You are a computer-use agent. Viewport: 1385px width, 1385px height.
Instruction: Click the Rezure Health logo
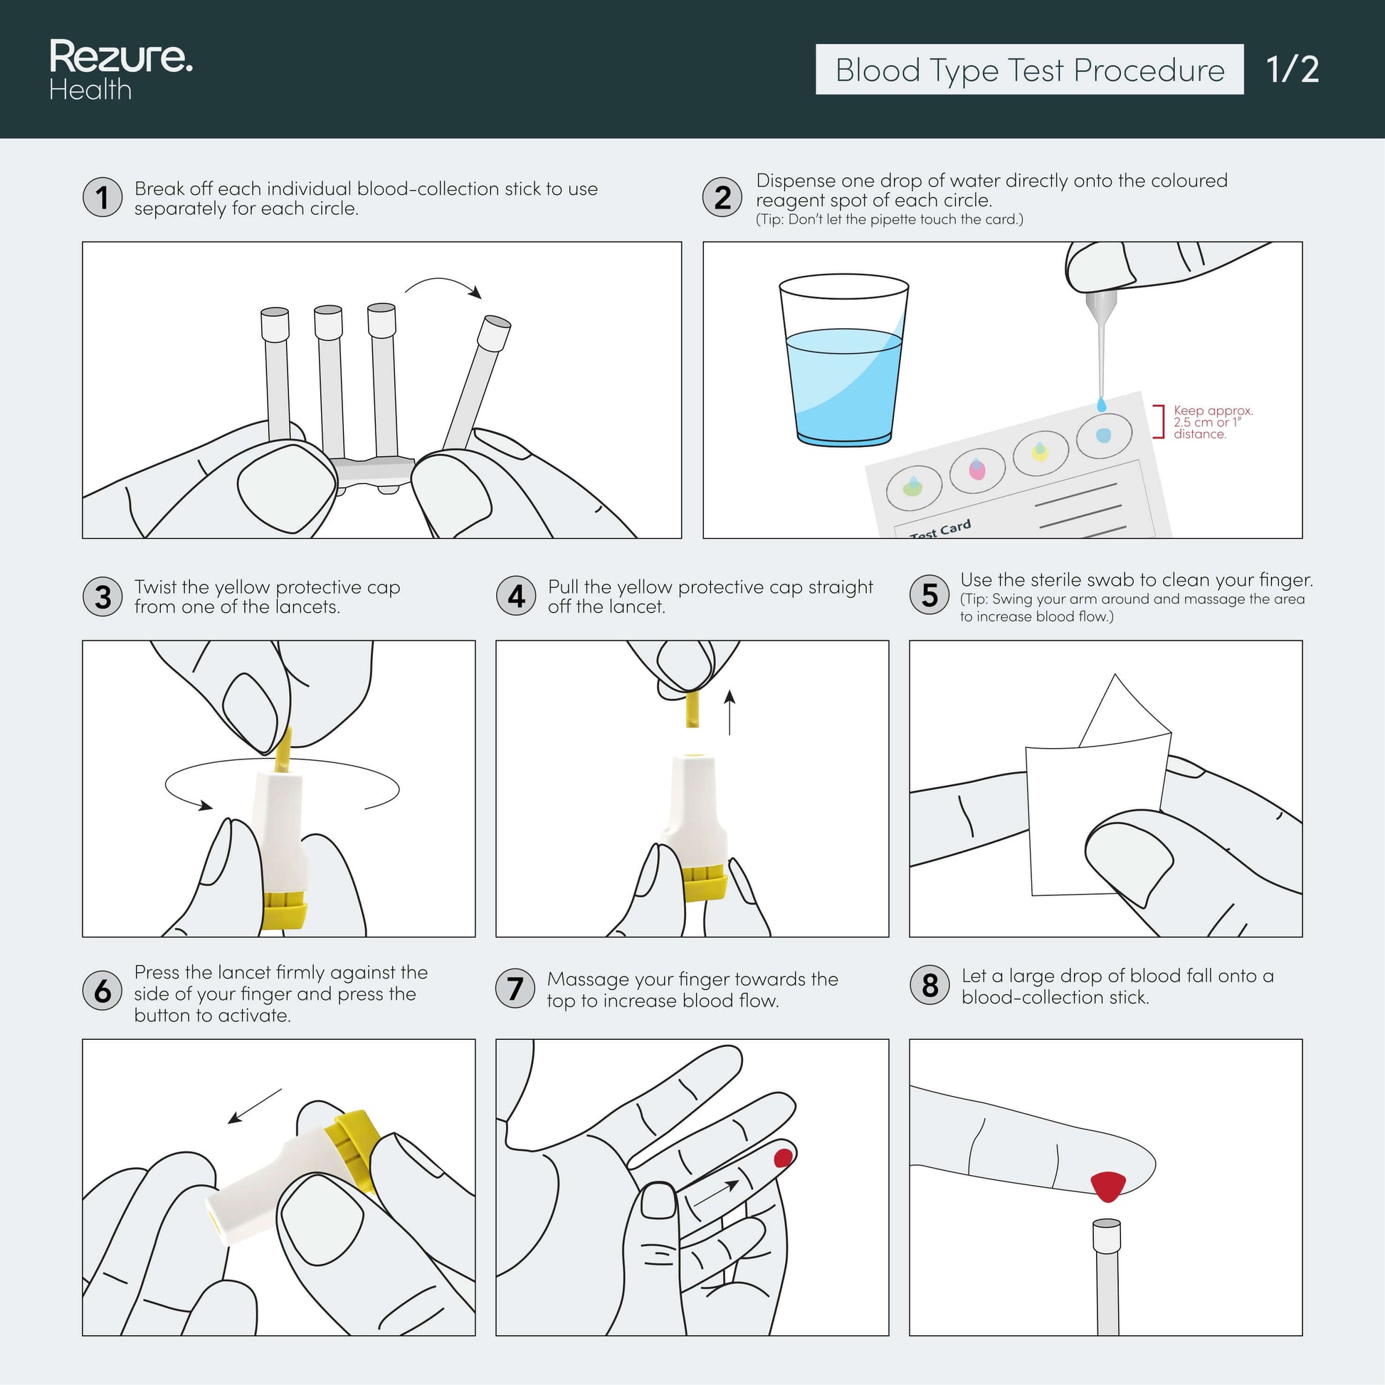[120, 70]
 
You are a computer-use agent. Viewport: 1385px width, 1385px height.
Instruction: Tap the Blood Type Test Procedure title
[1029, 70]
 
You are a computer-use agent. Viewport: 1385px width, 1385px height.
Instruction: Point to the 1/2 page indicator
[1292, 70]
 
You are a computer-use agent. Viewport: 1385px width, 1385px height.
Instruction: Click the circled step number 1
[102, 197]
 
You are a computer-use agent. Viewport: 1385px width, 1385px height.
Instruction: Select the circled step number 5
[929, 595]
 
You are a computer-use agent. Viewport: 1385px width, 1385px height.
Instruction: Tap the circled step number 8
[929, 985]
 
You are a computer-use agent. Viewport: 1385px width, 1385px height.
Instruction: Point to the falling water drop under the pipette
[1102, 405]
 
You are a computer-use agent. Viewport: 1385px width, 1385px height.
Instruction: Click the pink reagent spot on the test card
[977, 470]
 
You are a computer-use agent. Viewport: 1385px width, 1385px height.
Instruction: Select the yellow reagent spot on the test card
[1040, 451]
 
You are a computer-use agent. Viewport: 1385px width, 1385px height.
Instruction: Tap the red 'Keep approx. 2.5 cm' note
[1212, 422]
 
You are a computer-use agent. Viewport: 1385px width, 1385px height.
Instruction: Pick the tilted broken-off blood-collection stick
[475, 384]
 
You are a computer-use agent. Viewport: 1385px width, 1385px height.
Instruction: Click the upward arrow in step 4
[730, 712]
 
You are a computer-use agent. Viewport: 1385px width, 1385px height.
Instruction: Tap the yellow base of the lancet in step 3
[285, 910]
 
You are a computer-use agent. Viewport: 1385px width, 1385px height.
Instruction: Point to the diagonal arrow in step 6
[255, 1106]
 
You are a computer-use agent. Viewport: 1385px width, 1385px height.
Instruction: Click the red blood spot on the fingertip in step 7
[783, 1158]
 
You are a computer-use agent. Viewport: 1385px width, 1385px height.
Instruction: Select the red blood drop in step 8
[1107, 1186]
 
